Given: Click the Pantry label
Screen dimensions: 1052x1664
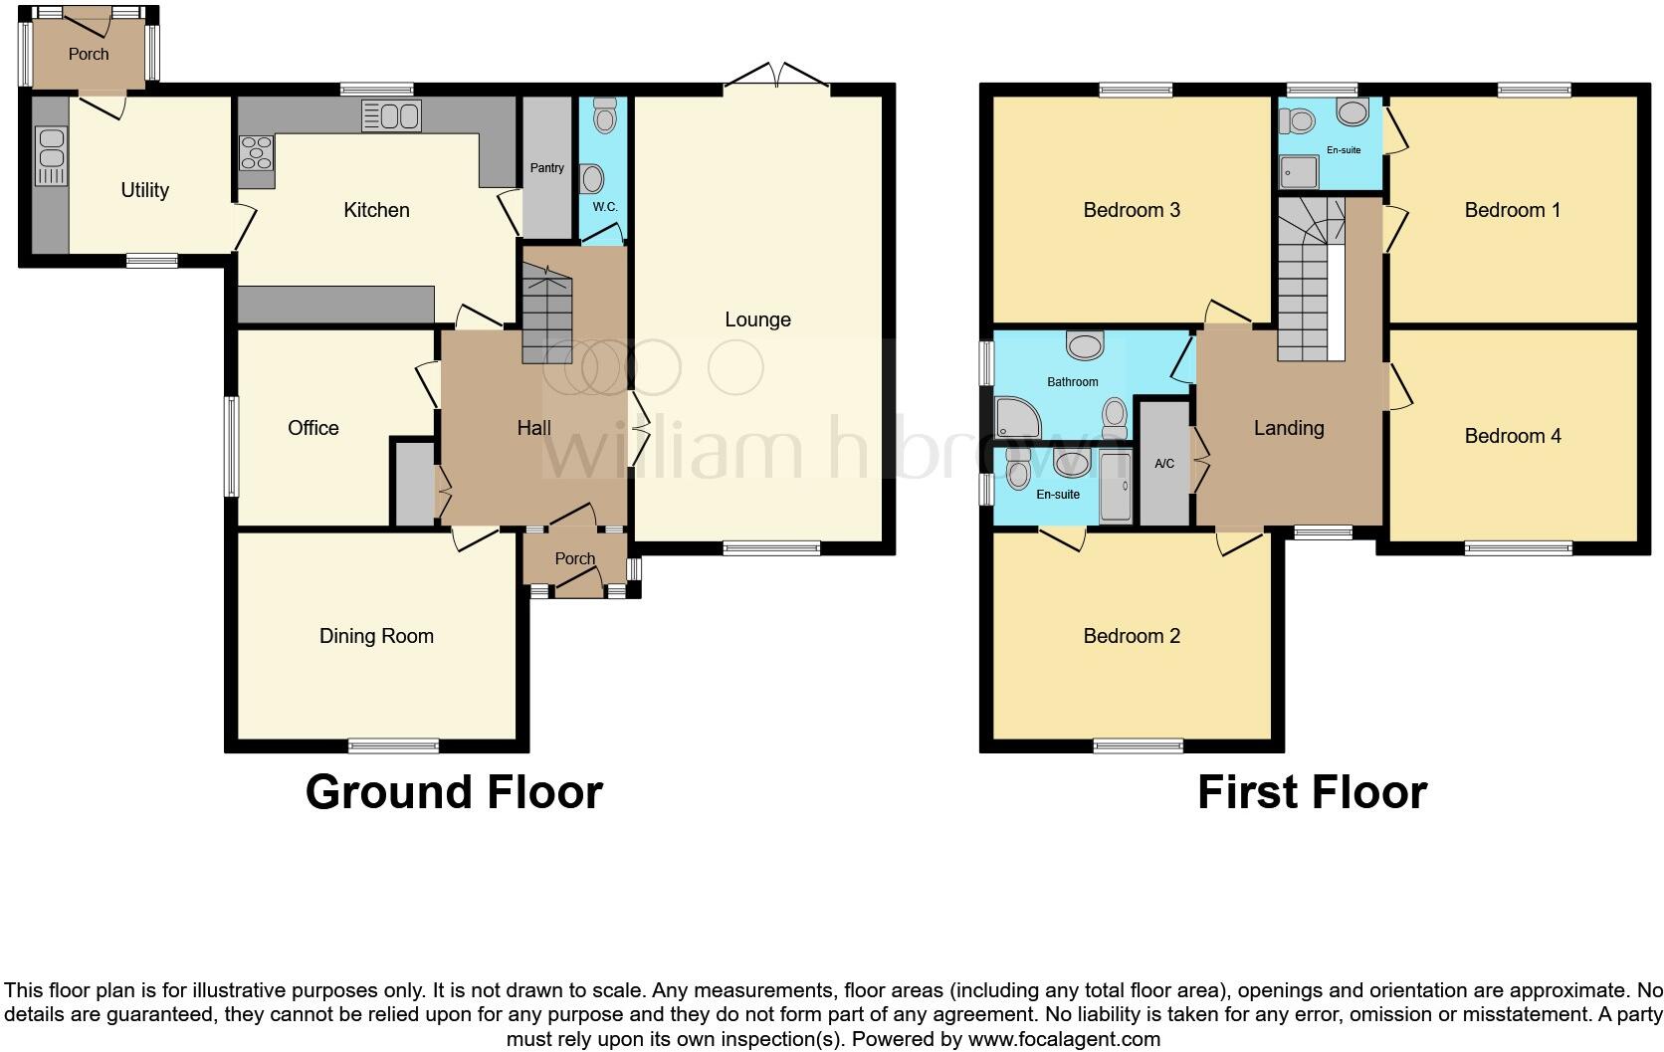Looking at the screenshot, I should point(546,168).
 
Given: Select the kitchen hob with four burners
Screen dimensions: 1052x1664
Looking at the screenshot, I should point(256,155).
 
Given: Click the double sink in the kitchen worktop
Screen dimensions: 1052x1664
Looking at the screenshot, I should point(391,116).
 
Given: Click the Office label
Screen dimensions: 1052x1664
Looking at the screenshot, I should point(312,428).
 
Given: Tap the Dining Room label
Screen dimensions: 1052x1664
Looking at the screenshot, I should point(376,636).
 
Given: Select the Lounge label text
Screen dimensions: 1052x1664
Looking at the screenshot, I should point(757,319).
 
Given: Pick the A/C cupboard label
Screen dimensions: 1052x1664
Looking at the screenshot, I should point(1164,464).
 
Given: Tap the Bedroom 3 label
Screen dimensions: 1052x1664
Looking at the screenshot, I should point(1132,210).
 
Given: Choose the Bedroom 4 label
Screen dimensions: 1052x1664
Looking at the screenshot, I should point(1512,436).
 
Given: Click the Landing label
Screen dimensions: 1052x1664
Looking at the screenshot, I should point(1288,428).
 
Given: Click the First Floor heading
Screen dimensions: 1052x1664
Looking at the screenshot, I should point(1311,792).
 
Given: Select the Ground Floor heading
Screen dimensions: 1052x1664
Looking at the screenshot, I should point(454,792).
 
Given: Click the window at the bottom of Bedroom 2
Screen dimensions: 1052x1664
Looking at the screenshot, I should point(1138,744).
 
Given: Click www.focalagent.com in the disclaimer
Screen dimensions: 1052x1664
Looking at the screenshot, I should point(1064,1039).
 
